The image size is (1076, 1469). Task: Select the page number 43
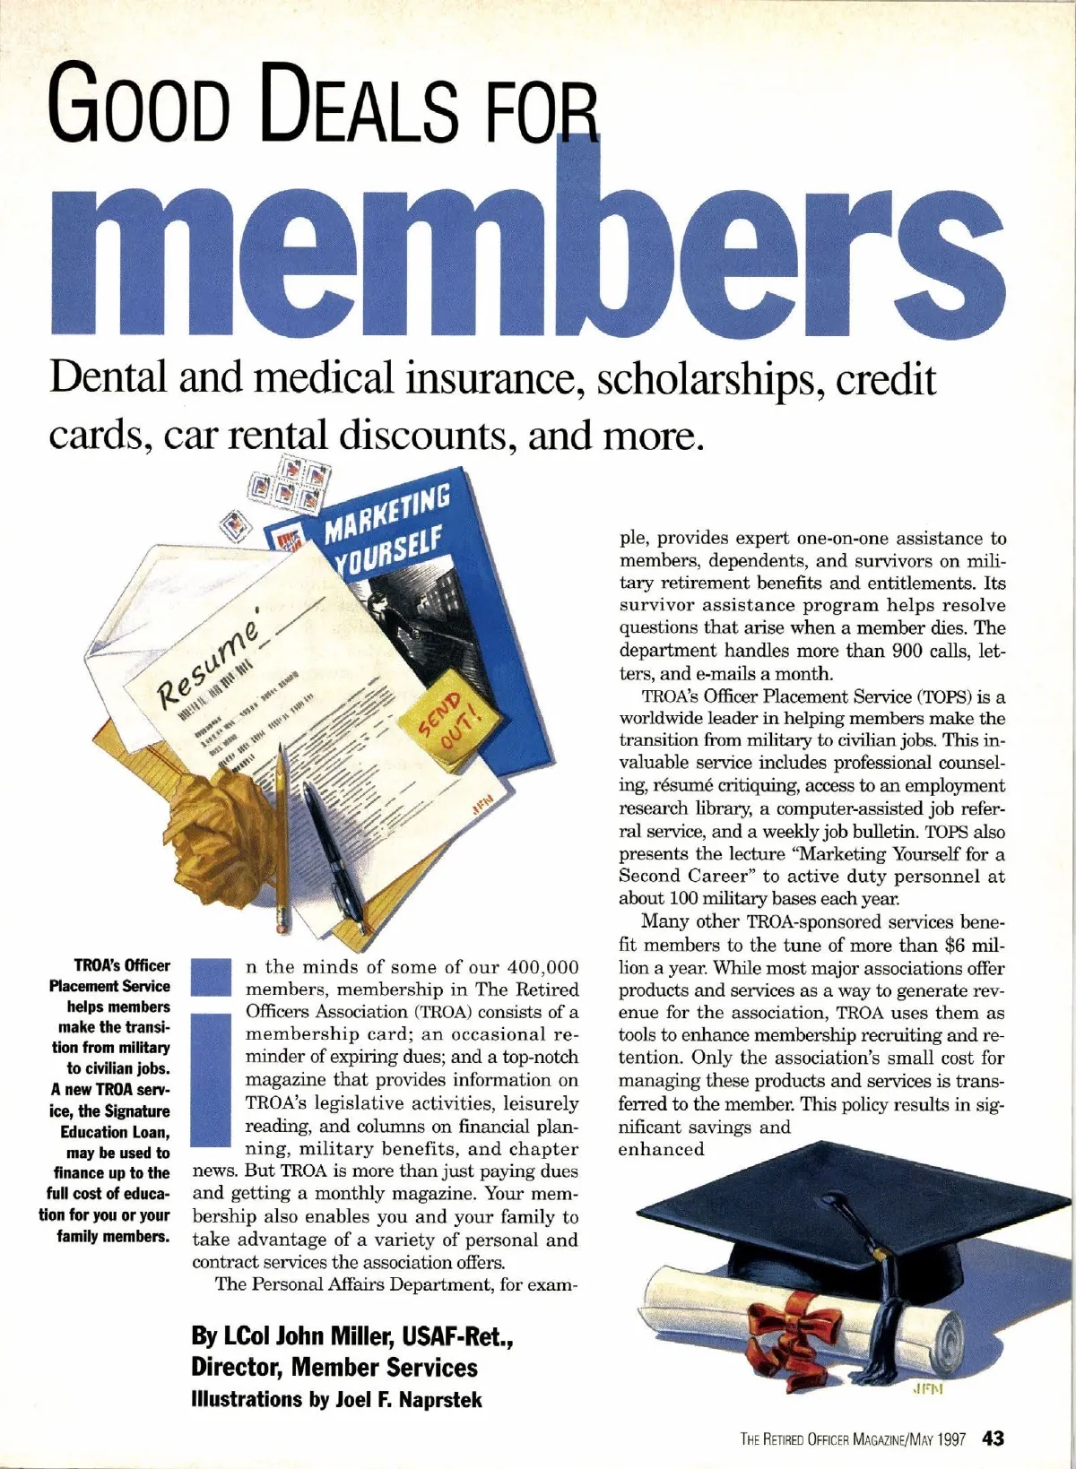click(x=993, y=1439)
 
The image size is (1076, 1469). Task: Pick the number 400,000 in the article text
click(x=543, y=967)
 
